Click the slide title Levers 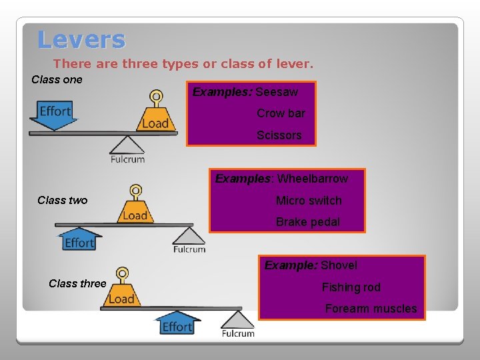point(81,39)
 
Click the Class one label point(57,80)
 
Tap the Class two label point(62,201)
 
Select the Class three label point(77,284)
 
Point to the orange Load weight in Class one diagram point(156,116)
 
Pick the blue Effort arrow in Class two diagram point(79,239)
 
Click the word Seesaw point(277,92)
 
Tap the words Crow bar point(281,113)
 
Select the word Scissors point(279,135)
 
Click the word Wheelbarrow point(312,179)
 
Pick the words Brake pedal point(307,222)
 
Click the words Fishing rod point(351,287)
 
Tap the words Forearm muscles point(371,309)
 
